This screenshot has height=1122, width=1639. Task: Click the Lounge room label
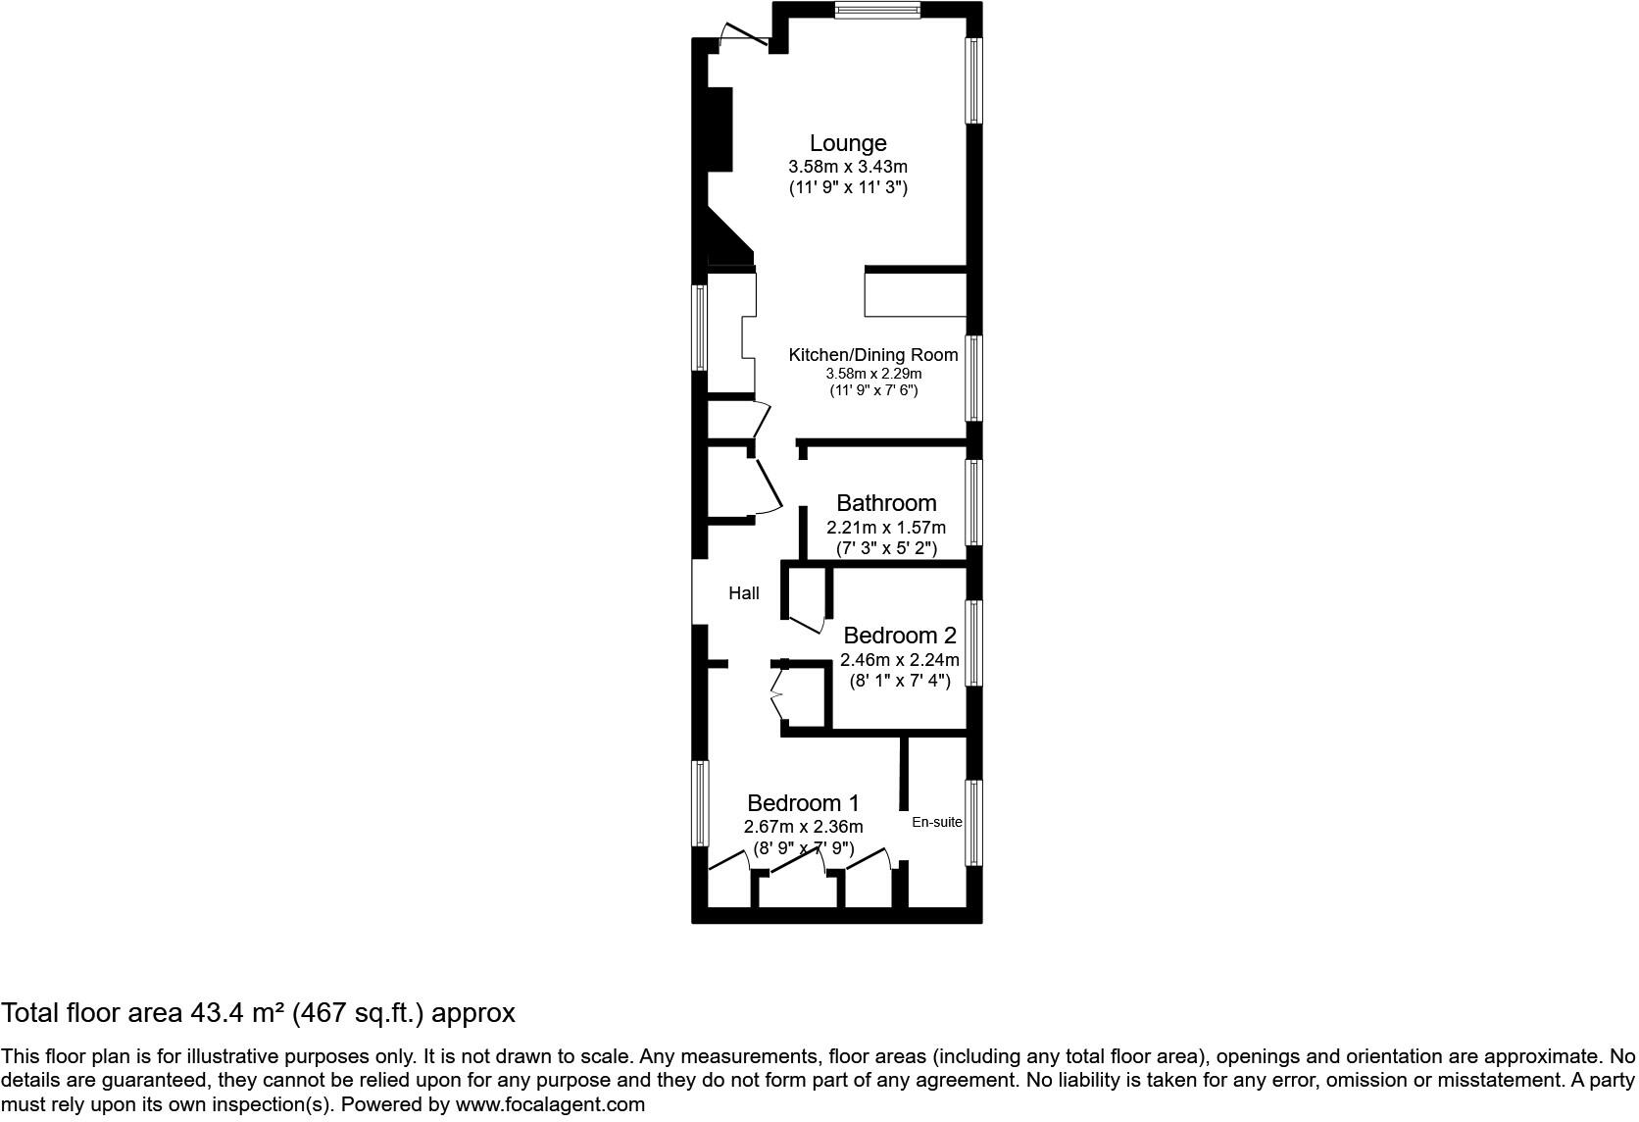point(848,143)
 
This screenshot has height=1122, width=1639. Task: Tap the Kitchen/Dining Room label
point(873,355)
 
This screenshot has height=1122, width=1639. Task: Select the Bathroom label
point(886,503)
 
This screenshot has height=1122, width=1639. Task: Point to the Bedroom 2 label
point(900,636)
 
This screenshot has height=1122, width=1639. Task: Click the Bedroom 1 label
point(803,803)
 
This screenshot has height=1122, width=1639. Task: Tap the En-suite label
point(937,822)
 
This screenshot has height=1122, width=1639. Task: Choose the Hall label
point(744,593)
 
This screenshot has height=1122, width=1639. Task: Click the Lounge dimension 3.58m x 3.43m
point(848,167)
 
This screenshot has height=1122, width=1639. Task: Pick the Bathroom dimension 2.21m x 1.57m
point(886,528)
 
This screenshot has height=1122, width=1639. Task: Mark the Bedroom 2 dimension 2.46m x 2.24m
point(900,659)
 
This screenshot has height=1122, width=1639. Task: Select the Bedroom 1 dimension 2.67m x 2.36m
point(803,827)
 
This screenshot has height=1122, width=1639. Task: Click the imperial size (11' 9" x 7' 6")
point(874,390)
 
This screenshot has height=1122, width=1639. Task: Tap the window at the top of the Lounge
point(877,10)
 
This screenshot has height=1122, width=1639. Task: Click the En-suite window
point(973,822)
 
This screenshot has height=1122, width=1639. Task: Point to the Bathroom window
point(973,502)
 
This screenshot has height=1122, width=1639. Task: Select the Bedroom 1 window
point(700,802)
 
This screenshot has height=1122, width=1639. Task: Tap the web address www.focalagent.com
point(551,1104)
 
